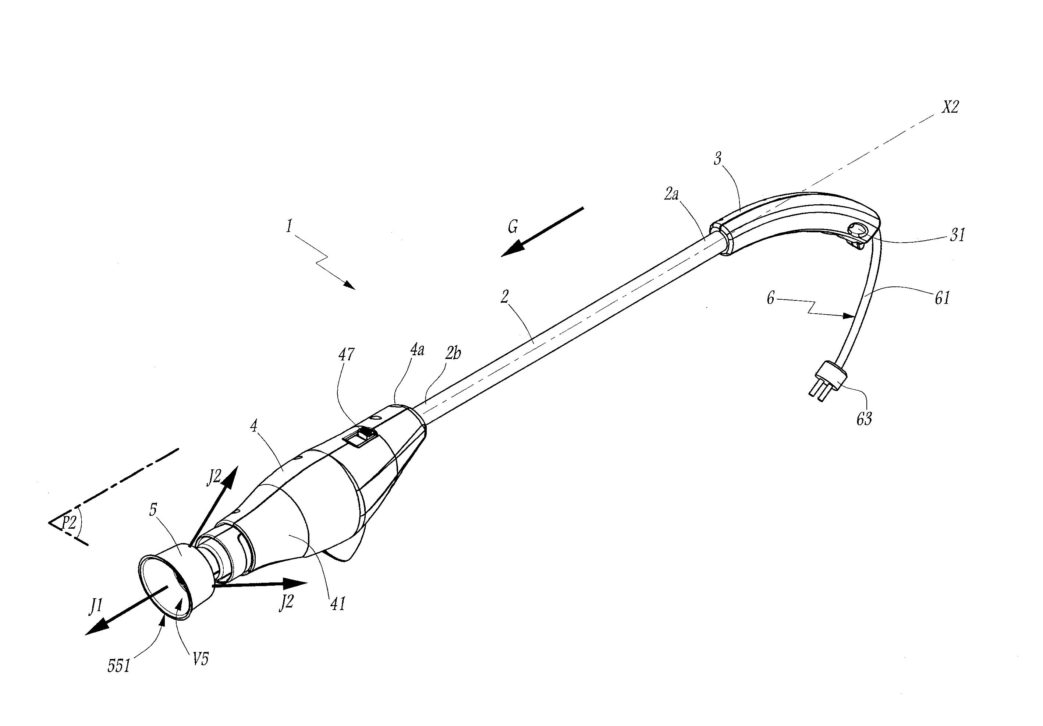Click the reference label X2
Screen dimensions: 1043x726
(950, 107)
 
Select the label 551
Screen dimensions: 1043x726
(119, 666)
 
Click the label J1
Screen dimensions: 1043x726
(96, 606)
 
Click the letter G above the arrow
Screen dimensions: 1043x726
(513, 226)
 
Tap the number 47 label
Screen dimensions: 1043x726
(347, 354)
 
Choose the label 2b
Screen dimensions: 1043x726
(453, 353)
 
